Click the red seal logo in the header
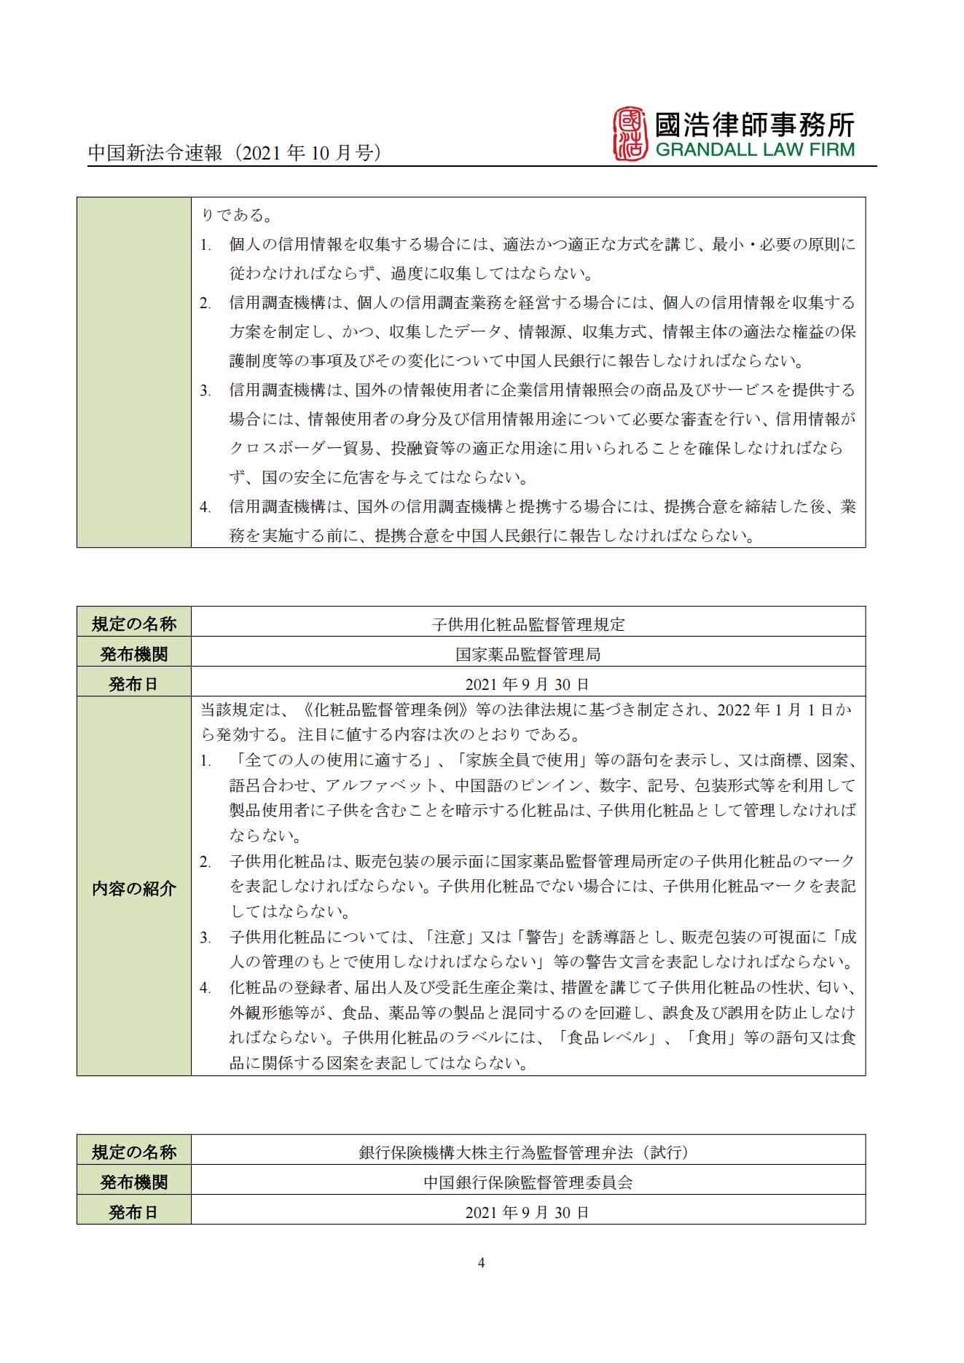630,134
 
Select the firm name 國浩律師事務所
754,124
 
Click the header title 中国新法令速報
154,154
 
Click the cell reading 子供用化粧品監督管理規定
528,624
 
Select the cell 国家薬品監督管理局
528,654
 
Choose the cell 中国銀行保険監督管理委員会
528,1182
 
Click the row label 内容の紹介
133,888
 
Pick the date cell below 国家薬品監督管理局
528,684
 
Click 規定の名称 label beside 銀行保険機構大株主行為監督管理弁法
133,1152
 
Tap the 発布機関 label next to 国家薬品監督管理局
133,654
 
